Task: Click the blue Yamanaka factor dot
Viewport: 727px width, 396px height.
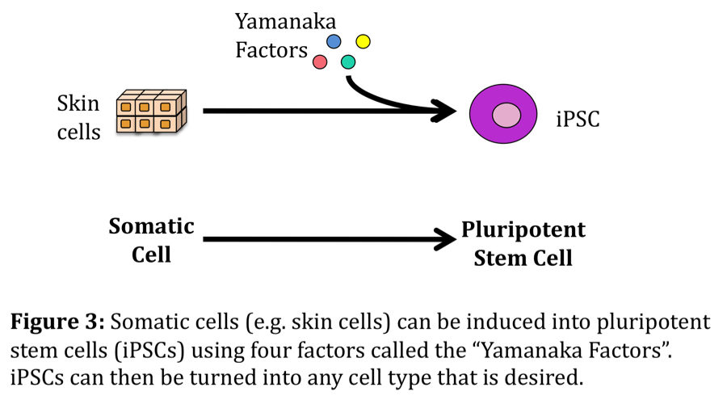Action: [x=334, y=42]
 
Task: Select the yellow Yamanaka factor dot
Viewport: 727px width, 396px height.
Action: [x=363, y=42]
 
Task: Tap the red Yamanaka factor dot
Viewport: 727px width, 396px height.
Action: [x=320, y=61]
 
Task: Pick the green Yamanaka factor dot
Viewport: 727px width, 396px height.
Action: [x=348, y=61]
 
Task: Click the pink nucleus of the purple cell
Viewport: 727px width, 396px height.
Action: [x=506, y=115]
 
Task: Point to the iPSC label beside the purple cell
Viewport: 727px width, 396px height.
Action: [x=578, y=119]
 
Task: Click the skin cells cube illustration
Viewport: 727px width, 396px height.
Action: [x=152, y=112]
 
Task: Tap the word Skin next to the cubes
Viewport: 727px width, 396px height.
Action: [x=78, y=103]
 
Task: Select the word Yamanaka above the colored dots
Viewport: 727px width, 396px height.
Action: [x=285, y=21]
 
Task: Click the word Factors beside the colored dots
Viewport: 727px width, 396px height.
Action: [x=271, y=50]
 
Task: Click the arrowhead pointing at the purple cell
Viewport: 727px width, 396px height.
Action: [x=443, y=112]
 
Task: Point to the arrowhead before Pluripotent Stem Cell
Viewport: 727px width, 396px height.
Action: [x=444, y=239]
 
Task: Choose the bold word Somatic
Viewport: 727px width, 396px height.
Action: [x=152, y=226]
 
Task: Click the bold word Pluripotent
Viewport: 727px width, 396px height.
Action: [x=523, y=230]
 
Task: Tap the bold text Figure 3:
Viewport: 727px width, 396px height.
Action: [x=57, y=322]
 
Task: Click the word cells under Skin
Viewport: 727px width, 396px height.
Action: [x=79, y=133]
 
